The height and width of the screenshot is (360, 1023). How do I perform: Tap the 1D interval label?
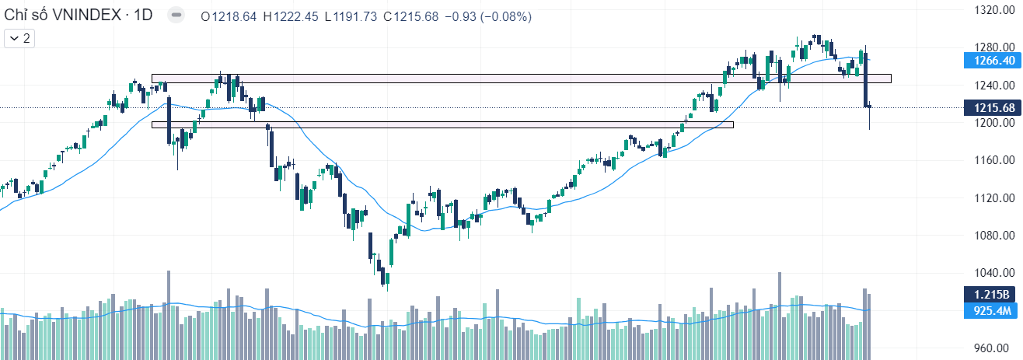(143, 16)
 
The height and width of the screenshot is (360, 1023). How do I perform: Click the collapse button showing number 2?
(20, 37)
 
